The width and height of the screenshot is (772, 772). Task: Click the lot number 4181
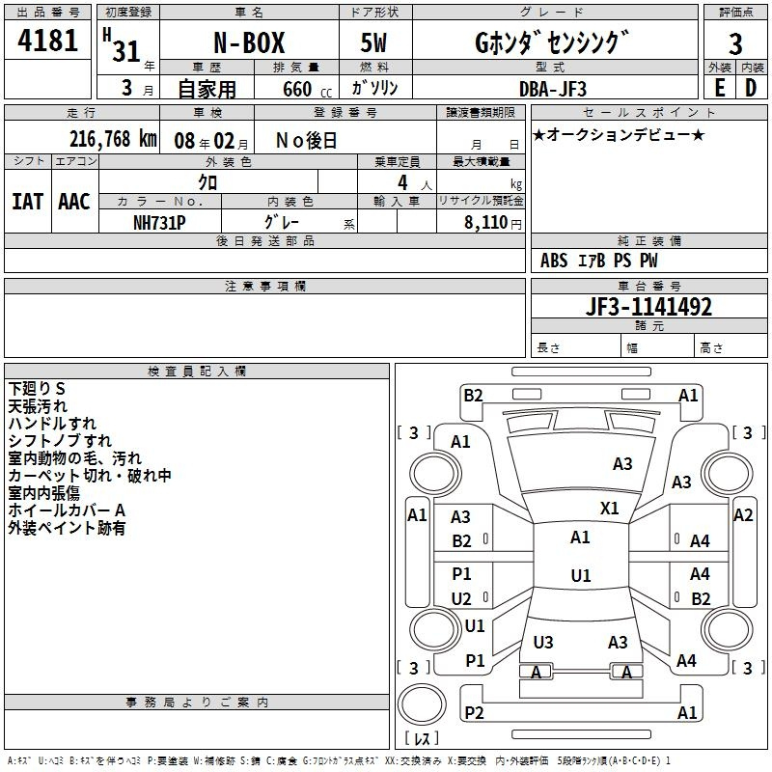point(47,41)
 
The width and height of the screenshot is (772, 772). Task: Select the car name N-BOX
point(249,42)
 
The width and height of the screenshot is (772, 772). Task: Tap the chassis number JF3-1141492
point(648,307)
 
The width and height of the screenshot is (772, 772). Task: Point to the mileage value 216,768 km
point(113,139)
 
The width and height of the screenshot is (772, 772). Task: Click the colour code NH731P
point(159,223)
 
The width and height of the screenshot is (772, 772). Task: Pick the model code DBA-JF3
point(553,89)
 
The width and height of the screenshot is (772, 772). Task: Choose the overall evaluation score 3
point(735,44)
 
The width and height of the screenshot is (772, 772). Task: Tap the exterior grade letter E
point(719,88)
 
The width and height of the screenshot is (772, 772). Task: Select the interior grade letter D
point(751,88)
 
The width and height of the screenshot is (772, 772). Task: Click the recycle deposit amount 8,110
point(485,223)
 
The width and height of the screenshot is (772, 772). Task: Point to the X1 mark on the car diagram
point(610,509)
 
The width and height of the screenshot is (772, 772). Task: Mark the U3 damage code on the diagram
point(543,642)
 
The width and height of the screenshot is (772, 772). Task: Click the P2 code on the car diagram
point(474,712)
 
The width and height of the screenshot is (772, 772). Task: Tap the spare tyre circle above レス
point(422,704)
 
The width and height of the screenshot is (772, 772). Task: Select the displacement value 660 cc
point(307,90)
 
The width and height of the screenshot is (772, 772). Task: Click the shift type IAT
point(27,202)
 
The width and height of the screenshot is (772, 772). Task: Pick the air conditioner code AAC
point(74,202)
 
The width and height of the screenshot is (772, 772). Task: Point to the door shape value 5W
point(373,42)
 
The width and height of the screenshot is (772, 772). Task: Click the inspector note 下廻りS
point(37,389)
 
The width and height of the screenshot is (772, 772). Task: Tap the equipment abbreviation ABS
point(554,261)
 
